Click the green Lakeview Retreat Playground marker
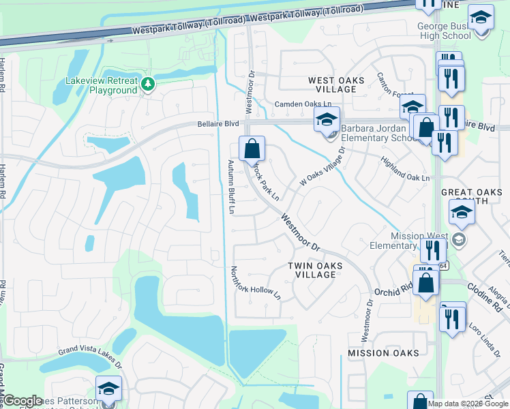149,84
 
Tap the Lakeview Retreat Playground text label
101,86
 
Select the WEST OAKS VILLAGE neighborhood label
336,80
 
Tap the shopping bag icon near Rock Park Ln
252,147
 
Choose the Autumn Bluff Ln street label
230,187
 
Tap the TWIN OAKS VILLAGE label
312,270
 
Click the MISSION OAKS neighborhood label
383,353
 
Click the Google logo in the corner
22,401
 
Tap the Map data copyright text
468,404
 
